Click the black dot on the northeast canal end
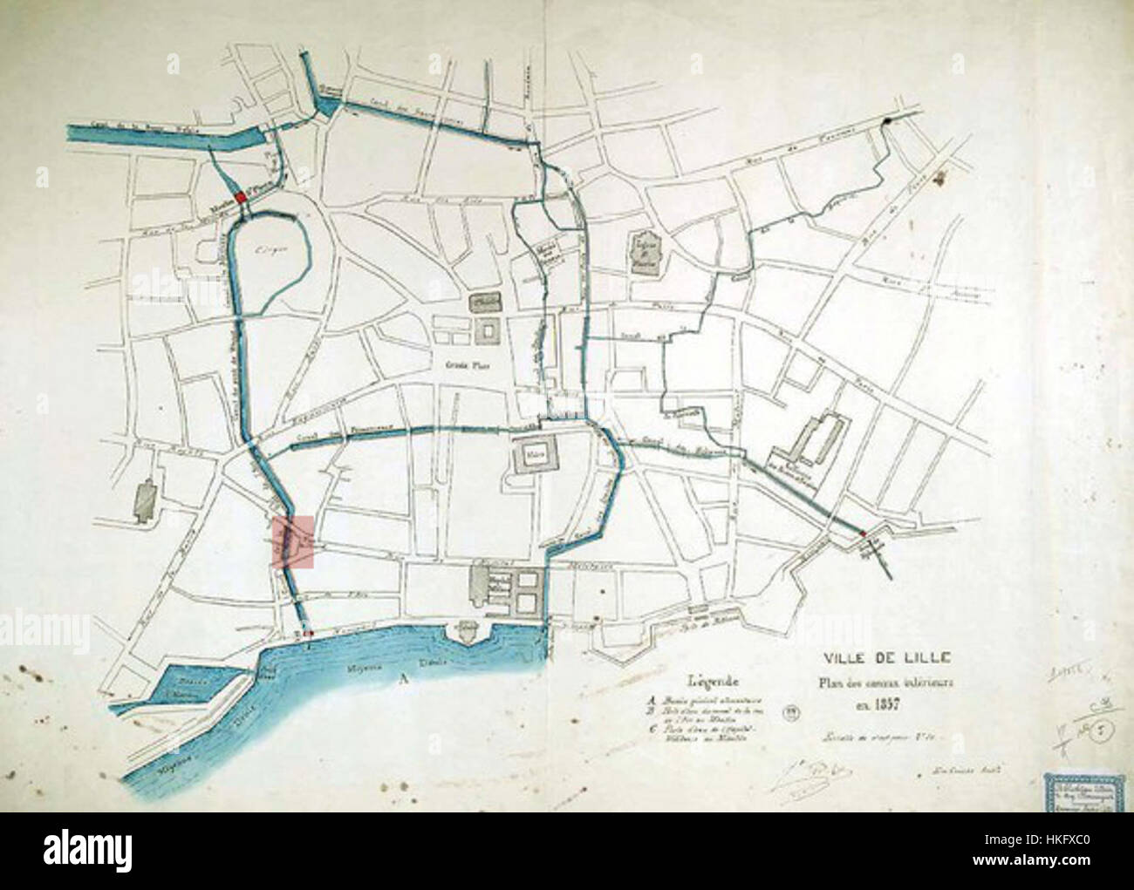tap(888, 123)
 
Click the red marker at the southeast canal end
tap(863, 533)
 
